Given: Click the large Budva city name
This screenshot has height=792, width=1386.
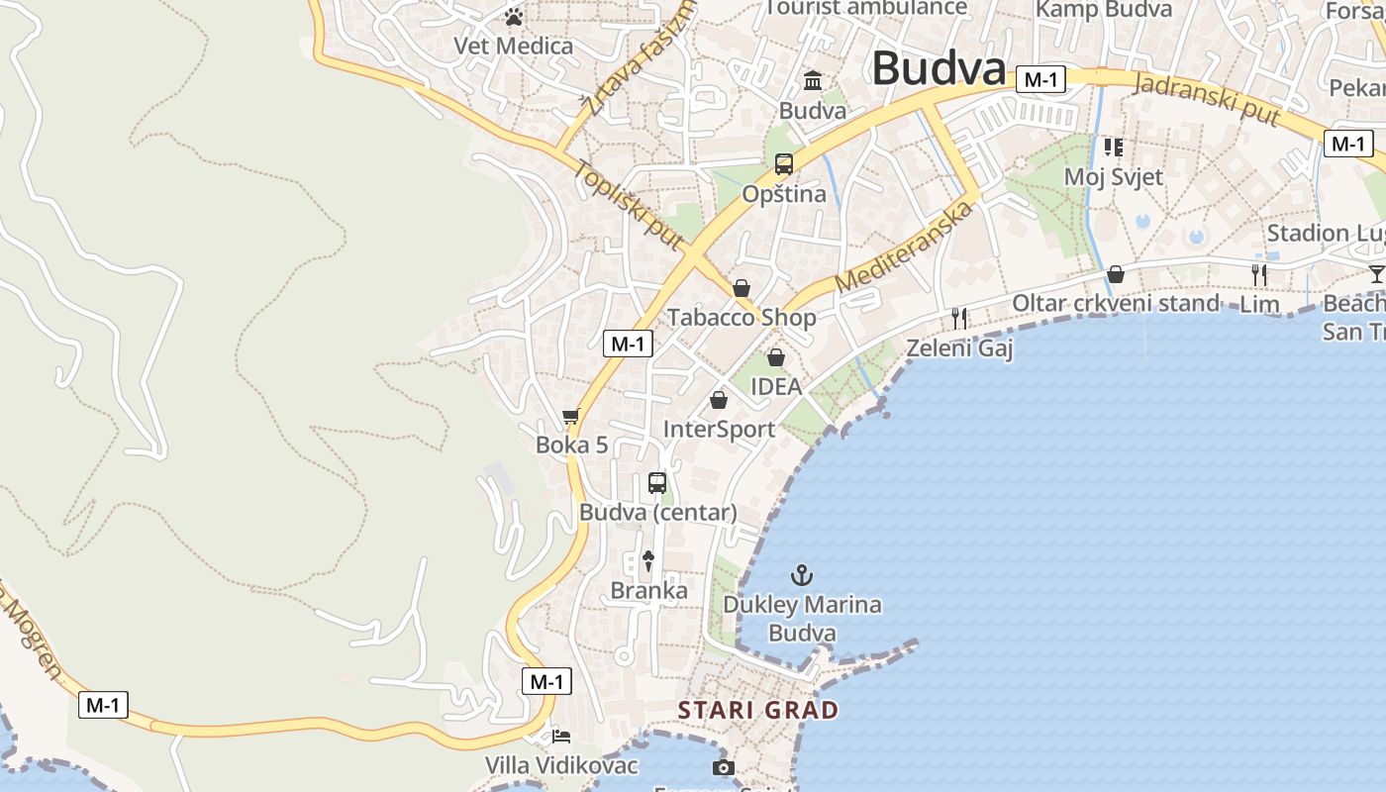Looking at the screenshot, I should coord(939,69).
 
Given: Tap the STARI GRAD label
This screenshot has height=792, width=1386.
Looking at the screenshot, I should coord(757,710).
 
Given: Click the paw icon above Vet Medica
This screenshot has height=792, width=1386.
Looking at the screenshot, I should coord(513,17).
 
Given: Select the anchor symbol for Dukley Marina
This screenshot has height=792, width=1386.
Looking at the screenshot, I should coord(801,574).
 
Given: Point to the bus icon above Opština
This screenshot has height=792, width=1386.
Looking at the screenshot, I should coord(784,164).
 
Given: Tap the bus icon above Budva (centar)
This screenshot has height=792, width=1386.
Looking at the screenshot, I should coord(657,483).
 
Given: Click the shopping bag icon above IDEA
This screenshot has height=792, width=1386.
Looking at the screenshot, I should coord(776,356).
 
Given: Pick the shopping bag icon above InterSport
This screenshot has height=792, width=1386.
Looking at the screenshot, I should coord(719,400).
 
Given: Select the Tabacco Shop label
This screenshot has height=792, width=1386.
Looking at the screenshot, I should coord(742,317).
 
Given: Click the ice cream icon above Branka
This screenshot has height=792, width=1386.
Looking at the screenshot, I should coord(648,560).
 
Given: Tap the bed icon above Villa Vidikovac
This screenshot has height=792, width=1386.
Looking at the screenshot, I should coord(561,736).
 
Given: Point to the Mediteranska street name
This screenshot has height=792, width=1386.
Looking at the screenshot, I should coord(905,247).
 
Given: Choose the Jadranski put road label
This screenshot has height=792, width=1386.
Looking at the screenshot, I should coord(1207,98).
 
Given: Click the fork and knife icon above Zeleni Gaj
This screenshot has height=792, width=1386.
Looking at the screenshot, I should coord(958,318).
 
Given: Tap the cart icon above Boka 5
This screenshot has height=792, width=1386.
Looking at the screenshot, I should coord(570,417).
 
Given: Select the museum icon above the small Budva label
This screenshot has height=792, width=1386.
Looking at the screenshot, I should coord(813,80).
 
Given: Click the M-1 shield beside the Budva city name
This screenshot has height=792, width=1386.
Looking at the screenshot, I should coord(1040,80).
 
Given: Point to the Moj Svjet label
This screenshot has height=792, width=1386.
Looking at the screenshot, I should coord(1113,176).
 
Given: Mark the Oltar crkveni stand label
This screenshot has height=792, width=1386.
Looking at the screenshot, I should coord(1115,303).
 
